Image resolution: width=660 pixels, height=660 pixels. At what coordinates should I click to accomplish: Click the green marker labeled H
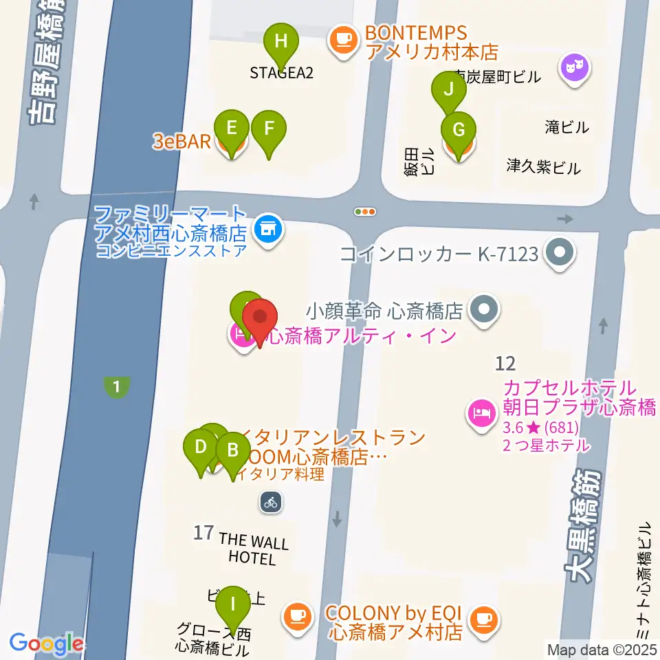pyautogui.click(x=281, y=41)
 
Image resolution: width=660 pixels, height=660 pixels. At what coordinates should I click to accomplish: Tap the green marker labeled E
pyautogui.click(x=232, y=129)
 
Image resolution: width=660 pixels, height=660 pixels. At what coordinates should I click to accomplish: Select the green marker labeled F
pyautogui.click(x=268, y=129)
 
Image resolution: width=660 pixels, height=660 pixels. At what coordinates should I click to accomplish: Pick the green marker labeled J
pyautogui.click(x=449, y=89)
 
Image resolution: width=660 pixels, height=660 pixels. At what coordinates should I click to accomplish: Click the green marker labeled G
pyautogui.click(x=458, y=129)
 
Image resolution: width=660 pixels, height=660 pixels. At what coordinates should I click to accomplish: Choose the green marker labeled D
pyautogui.click(x=201, y=448)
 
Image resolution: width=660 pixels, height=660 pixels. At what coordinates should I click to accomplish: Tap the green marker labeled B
pyautogui.click(x=233, y=451)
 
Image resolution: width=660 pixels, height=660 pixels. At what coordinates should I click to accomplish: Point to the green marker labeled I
pyautogui.click(x=233, y=605)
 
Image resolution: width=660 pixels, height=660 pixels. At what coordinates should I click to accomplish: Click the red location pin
pyautogui.click(x=261, y=318)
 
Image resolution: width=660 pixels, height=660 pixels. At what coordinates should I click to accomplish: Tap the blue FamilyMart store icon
pyautogui.click(x=267, y=228)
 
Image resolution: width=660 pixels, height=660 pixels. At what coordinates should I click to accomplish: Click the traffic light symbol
pyautogui.click(x=364, y=212)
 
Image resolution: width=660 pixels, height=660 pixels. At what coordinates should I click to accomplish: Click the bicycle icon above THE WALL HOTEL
pyautogui.click(x=271, y=502)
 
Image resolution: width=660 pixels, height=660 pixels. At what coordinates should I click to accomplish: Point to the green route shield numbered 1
pyautogui.click(x=117, y=387)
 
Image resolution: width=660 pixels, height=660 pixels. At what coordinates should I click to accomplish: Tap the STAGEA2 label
pyautogui.click(x=281, y=73)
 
